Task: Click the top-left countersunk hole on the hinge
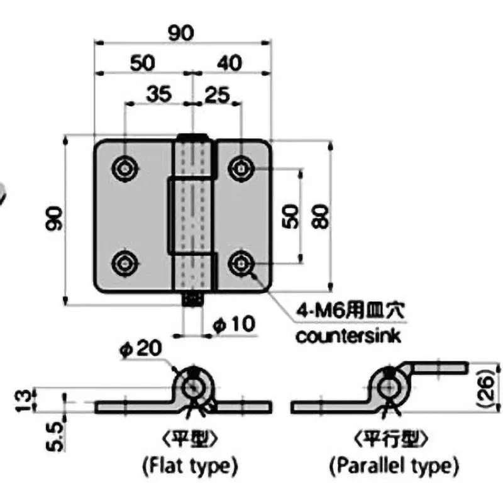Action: point(126,167)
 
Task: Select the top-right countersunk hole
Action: point(240,168)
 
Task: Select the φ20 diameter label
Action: point(141,347)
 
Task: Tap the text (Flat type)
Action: point(189,467)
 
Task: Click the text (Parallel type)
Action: point(394,467)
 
